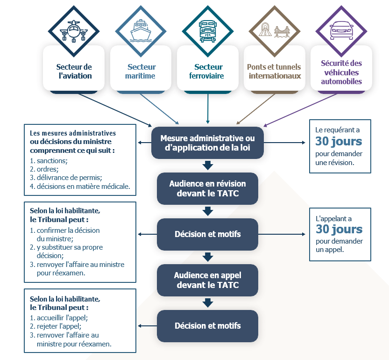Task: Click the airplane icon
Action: coord(74,31)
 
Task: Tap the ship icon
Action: coord(141,31)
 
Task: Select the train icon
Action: coord(207,31)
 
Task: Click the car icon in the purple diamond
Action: coord(341,31)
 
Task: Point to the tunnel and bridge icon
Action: coord(274,31)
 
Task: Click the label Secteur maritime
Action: coord(141,72)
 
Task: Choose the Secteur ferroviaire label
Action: coord(209,72)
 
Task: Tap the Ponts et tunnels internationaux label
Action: coord(275,72)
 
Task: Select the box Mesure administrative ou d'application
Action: coord(207,143)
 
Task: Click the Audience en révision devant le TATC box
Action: coord(207,188)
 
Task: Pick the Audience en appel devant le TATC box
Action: coord(207,280)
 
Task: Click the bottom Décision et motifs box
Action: coord(207,326)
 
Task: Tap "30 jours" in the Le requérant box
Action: coord(339,141)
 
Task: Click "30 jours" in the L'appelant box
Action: coord(339,229)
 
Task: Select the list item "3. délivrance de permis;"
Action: coord(66,178)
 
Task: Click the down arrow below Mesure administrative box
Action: coord(208,166)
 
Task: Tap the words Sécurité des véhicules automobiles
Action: coord(341,72)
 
